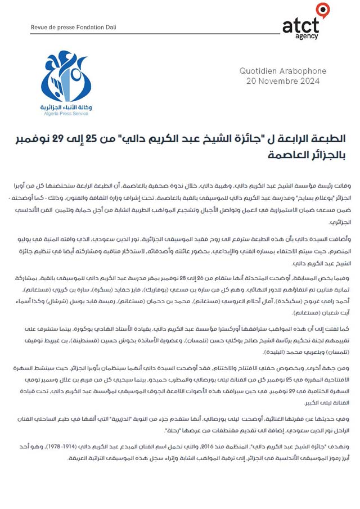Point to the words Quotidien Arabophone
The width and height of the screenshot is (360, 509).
click(280, 71)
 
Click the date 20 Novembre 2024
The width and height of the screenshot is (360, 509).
click(283, 81)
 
